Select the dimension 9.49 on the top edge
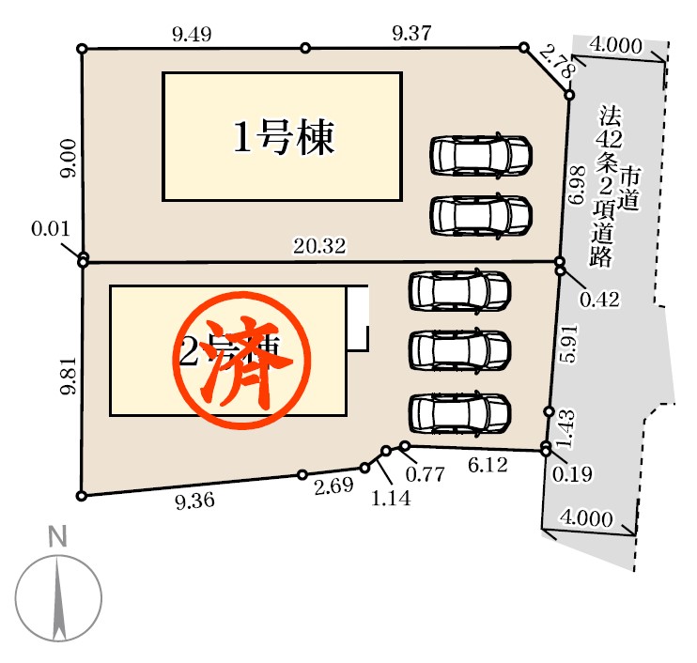192,35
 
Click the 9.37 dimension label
411,34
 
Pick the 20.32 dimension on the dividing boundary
319,247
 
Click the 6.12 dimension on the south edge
488,465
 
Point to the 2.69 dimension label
333,486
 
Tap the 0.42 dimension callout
599,300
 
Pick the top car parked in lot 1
481,156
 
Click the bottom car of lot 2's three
460,413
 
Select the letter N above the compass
58,538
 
